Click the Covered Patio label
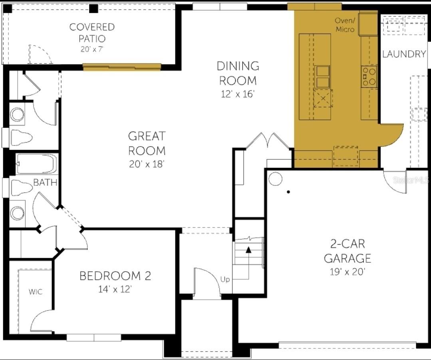point(92,32)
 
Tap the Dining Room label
point(238,73)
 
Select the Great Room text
point(147,143)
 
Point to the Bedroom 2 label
point(115,276)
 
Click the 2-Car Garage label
point(348,251)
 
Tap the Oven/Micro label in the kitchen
point(345,25)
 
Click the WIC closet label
point(36,292)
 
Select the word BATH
point(45,182)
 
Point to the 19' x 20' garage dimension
point(348,272)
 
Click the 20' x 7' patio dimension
point(92,49)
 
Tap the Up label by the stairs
point(225,280)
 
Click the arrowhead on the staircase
point(248,250)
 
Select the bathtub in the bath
point(37,164)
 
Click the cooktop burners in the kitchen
point(369,77)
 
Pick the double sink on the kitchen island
point(323,77)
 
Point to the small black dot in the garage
point(288,192)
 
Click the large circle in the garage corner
point(275,179)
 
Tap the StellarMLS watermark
point(411,180)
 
